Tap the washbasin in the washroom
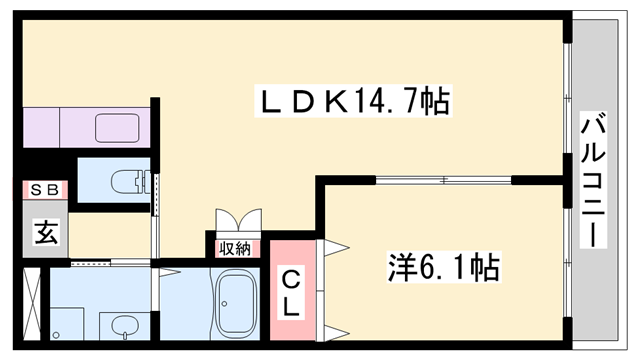pos(124,326)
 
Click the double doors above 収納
pos(237,221)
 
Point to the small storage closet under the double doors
pos(236,246)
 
